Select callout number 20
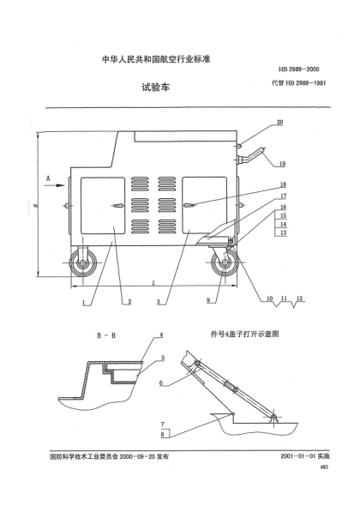coord(280,123)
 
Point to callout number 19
coord(281,164)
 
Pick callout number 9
coord(208,299)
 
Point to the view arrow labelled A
coord(50,178)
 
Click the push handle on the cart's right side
coord(254,155)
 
